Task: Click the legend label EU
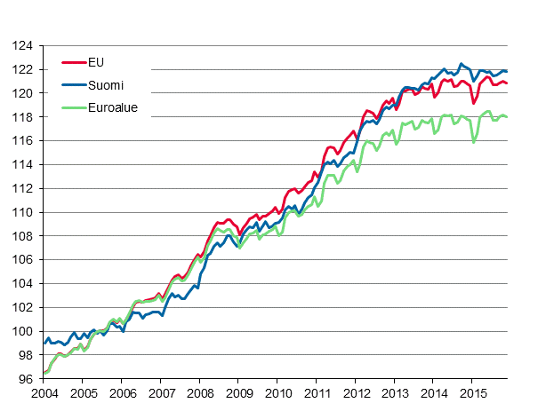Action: click(x=96, y=62)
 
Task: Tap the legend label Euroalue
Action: click(x=113, y=108)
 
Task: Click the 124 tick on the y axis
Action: click(x=23, y=45)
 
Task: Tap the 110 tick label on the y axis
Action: click(x=23, y=212)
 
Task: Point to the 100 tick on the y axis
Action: click(x=23, y=331)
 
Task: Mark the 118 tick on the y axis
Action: click(x=23, y=117)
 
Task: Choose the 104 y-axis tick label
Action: click(x=23, y=284)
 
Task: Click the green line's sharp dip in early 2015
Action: click(x=475, y=142)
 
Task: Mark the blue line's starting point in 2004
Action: click(x=44, y=343)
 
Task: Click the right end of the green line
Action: click(x=507, y=116)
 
